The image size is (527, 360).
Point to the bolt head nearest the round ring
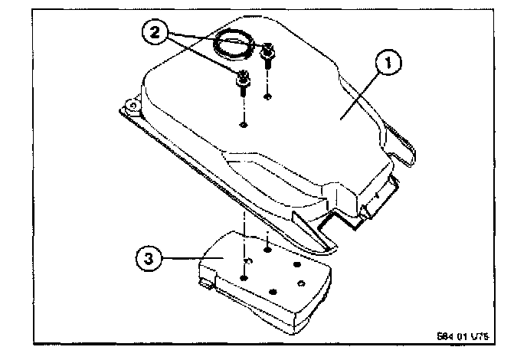269,53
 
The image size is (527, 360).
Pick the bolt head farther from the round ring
242,77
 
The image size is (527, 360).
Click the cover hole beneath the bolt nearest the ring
267,96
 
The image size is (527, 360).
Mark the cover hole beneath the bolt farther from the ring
243,123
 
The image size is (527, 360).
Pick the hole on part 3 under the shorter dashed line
267,248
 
